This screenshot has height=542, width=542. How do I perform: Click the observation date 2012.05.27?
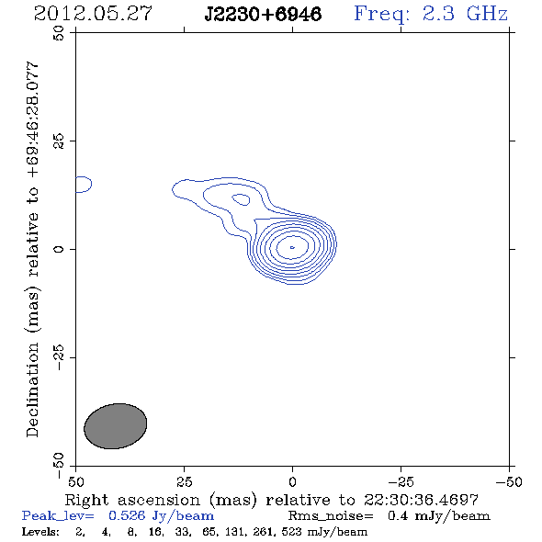click(93, 14)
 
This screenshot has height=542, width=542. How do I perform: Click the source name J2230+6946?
click(263, 15)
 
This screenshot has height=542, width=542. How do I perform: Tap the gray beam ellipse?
click(116, 426)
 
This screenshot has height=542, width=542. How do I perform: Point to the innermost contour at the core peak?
click(292, 247)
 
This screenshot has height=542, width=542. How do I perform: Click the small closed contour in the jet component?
click(241, 199)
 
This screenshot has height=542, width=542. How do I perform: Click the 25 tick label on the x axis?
click(184, 482)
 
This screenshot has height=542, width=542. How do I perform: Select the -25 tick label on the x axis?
click(401, 482)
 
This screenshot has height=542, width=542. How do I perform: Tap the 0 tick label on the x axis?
click(292, 482)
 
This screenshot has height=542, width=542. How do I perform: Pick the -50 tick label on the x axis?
click(509, 482)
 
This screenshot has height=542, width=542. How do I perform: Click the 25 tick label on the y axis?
click(59, 141)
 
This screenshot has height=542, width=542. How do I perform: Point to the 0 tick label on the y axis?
click(59, 249)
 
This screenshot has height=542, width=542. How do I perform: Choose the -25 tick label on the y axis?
click(59, 357)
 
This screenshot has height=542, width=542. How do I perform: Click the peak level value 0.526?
click(127, 515)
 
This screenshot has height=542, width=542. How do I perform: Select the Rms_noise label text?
click(331, 516)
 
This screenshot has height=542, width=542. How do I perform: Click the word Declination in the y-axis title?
click(32, 390)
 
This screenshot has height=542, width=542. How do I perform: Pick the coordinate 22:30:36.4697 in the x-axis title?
click(421, 500)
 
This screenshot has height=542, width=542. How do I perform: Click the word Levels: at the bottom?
click(40, 531)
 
